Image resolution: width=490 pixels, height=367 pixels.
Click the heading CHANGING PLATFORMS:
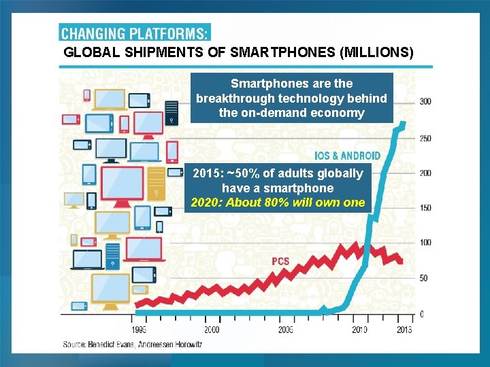(x=135, y=33)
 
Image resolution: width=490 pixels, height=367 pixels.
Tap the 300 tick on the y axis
(x=425, y=101)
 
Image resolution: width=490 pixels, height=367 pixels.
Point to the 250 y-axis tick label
(x=425, y=139)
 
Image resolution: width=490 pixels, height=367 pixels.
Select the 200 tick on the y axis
(x=425, y=173)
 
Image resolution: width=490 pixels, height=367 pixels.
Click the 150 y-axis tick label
(x=425, y=208)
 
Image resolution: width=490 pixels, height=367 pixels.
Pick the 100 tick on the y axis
(x=425, y=243)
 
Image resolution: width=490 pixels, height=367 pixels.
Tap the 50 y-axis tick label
(x=423, y=278)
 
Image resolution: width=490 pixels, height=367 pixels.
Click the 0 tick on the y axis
(x=422, y=314)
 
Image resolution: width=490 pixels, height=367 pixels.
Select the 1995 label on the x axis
(x=138, y=330)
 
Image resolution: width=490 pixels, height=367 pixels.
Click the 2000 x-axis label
(x=211, y=330)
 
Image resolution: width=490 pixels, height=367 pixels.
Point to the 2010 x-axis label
(x=359, y=330)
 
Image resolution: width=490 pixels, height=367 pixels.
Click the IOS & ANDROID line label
(x=347, y=156)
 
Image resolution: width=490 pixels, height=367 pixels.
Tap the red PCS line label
(x=280, y=261)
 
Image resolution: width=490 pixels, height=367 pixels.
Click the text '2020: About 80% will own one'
(x=278, y=202)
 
